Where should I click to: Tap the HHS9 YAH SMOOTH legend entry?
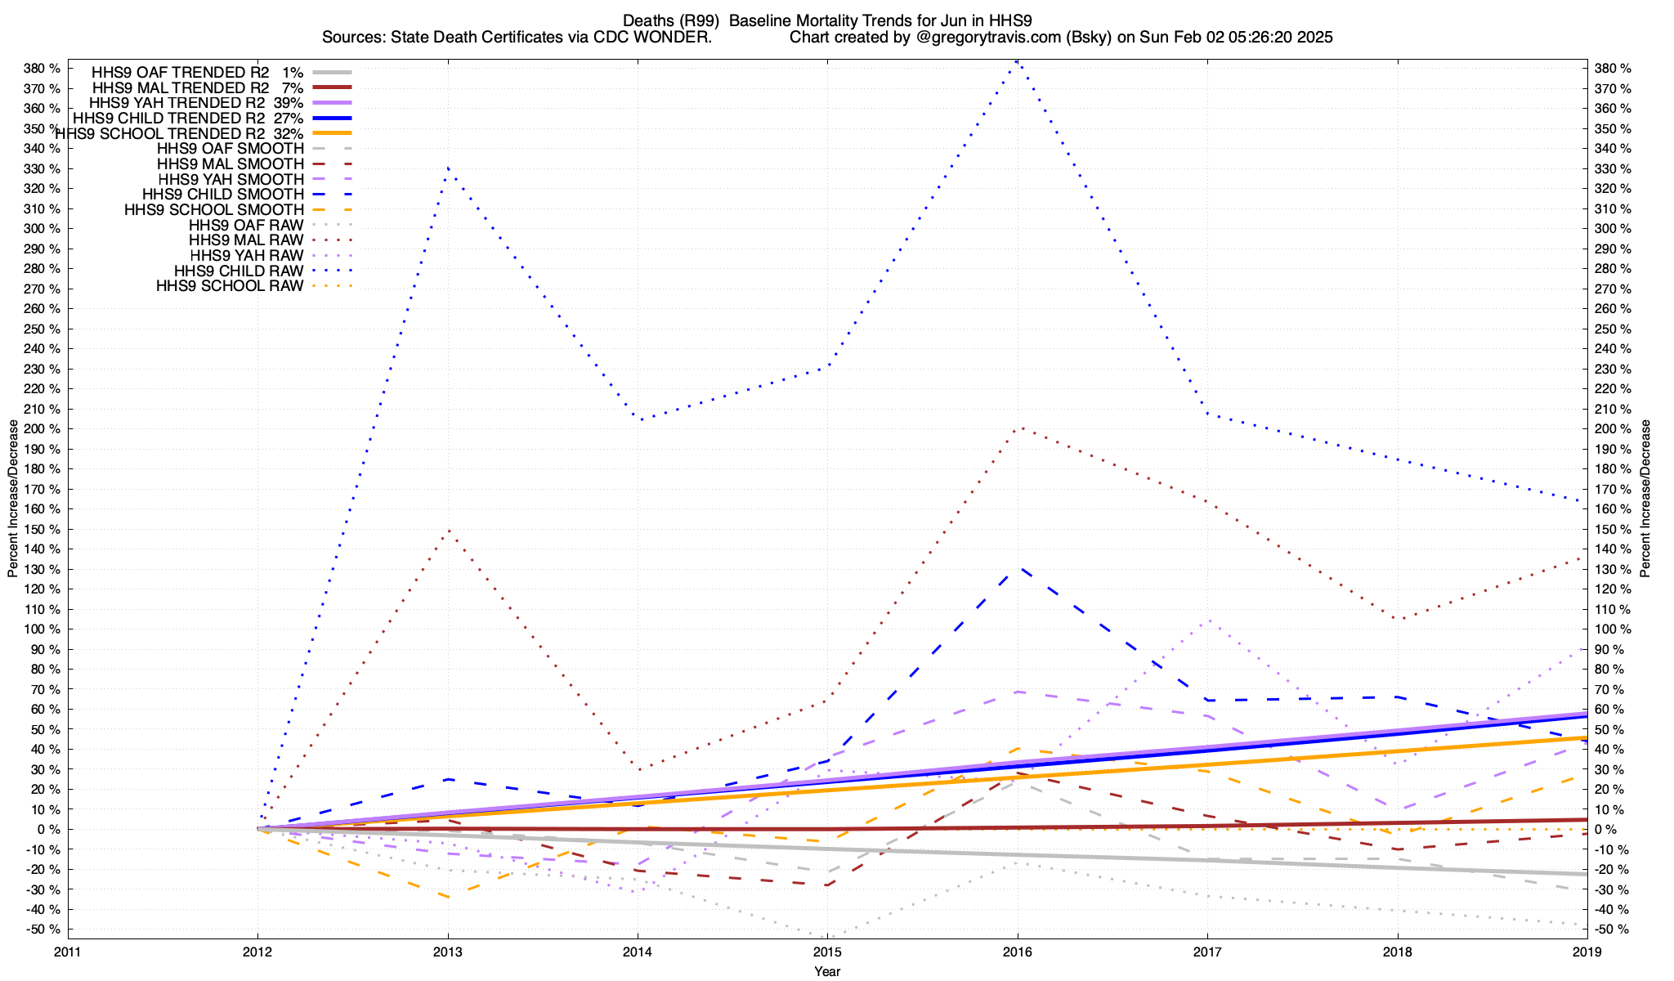(231, 179)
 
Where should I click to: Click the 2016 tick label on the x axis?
(1018, 952)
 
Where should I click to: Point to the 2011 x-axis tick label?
(68, 952)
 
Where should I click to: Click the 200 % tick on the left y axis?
(43, 429)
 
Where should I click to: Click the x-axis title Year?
(827, 971)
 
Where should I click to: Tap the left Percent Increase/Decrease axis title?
(12, 499)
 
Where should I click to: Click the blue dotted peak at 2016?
(1017, 60)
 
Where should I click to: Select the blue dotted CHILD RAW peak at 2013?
(448, 168)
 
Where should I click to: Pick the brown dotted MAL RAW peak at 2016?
(1018, 427)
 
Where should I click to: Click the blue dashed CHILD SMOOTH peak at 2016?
(1018, 567)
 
